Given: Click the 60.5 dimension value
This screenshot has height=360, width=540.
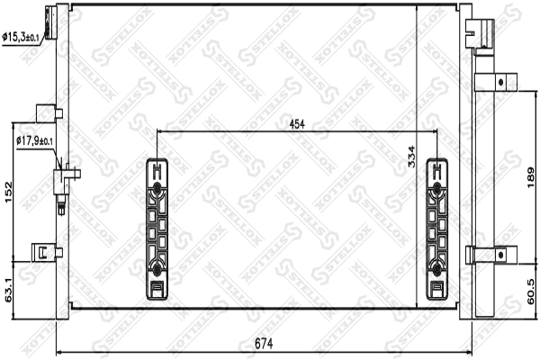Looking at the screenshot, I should (x=528, y=290).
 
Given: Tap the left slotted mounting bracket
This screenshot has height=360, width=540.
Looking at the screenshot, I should (x=157, y=229).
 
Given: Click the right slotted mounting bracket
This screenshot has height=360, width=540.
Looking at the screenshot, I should (x=437, y=229).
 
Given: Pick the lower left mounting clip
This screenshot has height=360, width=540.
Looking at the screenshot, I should (x=43, y=252).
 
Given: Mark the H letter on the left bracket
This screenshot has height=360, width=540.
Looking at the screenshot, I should (x=157, y=167).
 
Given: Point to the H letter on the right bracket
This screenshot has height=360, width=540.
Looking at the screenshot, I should (x=437, y=167).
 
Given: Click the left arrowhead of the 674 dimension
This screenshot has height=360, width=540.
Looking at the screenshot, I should (x=59, y=351).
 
